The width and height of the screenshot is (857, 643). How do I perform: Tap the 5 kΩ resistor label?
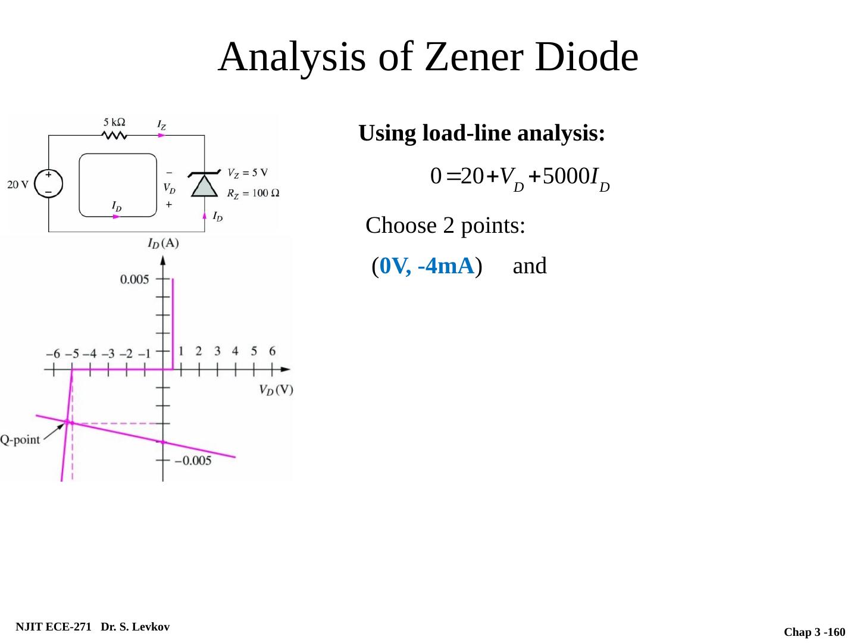click(x=114, y=122)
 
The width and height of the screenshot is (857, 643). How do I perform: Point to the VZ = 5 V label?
click(x=248, y=173)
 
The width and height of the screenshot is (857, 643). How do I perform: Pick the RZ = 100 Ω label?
click(x=253, y=193)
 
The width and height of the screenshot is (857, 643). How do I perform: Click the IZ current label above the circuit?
click(x=161, y=124)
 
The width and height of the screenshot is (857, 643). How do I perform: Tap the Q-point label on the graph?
click(x=20, y=440)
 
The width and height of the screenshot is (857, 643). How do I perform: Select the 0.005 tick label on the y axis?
click(x=135, y=279)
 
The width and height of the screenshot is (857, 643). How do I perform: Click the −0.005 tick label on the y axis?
click(x=192, y=460)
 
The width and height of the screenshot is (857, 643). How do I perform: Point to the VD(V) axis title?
click(x=276, y=390)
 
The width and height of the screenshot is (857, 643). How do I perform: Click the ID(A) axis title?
click(x=163, y=243)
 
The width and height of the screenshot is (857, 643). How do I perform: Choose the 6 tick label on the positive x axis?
click(x=272, y=351)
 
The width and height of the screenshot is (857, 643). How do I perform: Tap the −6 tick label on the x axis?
click(x=53, y=354)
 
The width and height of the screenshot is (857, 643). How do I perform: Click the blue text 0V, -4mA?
click(x=427, y=266)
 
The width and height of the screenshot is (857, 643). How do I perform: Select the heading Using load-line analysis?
click(x=482, y=133)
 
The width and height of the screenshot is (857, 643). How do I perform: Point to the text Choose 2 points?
click(x=445, y=226)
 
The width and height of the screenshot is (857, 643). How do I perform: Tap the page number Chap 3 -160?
click(x=814, y=632)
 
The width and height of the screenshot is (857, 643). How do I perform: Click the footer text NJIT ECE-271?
click(x=53, y=627)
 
